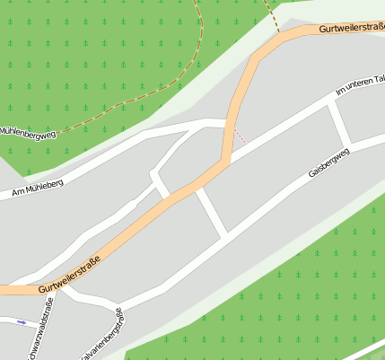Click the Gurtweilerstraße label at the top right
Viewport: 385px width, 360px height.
[350, 29]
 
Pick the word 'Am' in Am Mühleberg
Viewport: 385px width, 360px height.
[18, 191]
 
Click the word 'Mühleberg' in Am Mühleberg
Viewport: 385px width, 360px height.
[44, 184]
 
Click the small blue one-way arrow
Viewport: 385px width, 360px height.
[22, 321]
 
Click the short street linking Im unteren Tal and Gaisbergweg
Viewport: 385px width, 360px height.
[340, 122]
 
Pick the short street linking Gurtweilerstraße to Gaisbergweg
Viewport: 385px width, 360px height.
[212, 212]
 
